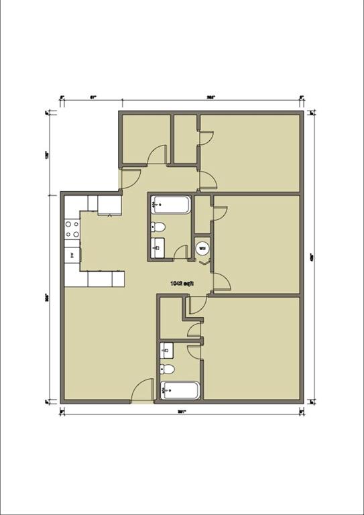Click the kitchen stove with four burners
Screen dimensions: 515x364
72,229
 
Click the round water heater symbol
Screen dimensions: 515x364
202,248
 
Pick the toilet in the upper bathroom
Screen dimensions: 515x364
158,226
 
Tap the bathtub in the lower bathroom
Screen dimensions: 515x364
180,390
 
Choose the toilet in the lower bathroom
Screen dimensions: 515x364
168,369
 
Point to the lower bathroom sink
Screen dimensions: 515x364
168,349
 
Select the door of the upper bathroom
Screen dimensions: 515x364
180,253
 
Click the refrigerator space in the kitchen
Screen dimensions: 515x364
109,205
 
